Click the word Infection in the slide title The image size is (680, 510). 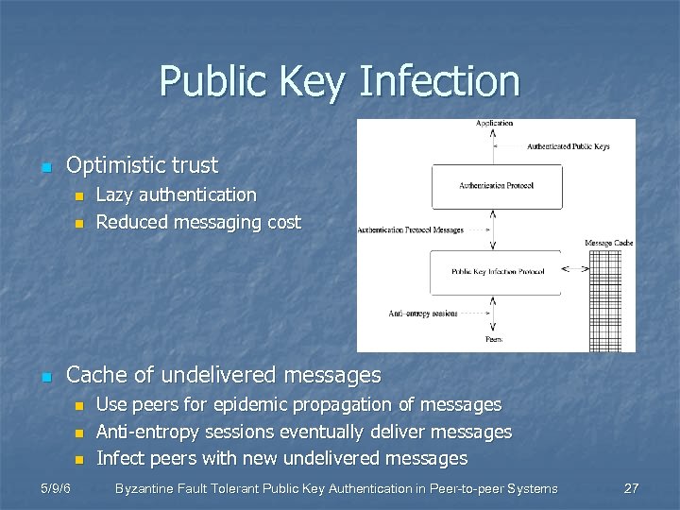point(439,81)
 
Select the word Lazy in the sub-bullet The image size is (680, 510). point(115,195)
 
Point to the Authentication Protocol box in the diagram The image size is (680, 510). point(496,186)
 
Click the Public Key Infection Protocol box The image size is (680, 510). point(496,271)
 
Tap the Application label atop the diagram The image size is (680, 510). point(495,123)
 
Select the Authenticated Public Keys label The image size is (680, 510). point(568,146)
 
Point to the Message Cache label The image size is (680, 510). point(609,244)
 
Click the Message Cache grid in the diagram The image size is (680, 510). point(610,302)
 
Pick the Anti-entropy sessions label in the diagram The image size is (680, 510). point(423,314)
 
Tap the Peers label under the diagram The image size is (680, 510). point(494,338)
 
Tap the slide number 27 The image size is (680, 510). point(632,488)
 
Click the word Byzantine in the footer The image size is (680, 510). point(146,488)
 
